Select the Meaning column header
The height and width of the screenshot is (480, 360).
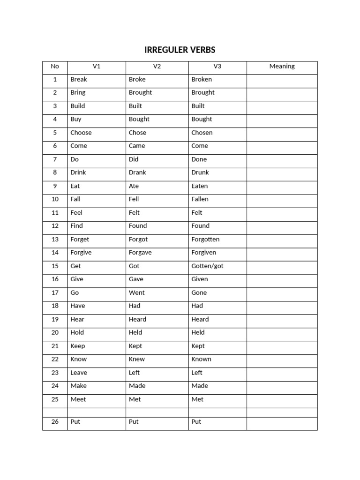[x=282, y=66]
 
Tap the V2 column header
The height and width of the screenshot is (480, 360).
[x=157, y=66]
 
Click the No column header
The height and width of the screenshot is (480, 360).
[x=55, y=66]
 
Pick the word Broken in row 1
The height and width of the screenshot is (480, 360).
[x=202, y=79]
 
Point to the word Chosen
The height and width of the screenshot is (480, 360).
[x=202, y=133]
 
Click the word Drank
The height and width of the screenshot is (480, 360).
[x=137, y=172]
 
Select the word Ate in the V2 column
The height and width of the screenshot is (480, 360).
[x=134, y=186]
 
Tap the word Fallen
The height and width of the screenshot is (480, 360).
[x=200, y=199]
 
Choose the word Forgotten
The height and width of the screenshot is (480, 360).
[x=205, y=239]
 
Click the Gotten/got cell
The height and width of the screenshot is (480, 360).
[x=207, y=266]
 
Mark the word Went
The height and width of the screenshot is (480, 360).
[x=137, y=292]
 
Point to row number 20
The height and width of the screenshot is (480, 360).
[x=55, y=332]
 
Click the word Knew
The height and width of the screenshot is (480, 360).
[x=137, y=359]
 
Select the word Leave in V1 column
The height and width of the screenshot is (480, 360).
[x=79, y=373]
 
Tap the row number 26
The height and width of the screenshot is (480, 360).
[x=55, y=421]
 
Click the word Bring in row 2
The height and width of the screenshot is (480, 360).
[x=78, y=92]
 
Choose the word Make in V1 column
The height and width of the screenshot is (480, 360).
[x=78, y=386]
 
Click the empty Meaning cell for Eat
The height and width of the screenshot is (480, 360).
[x=282, y=186]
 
